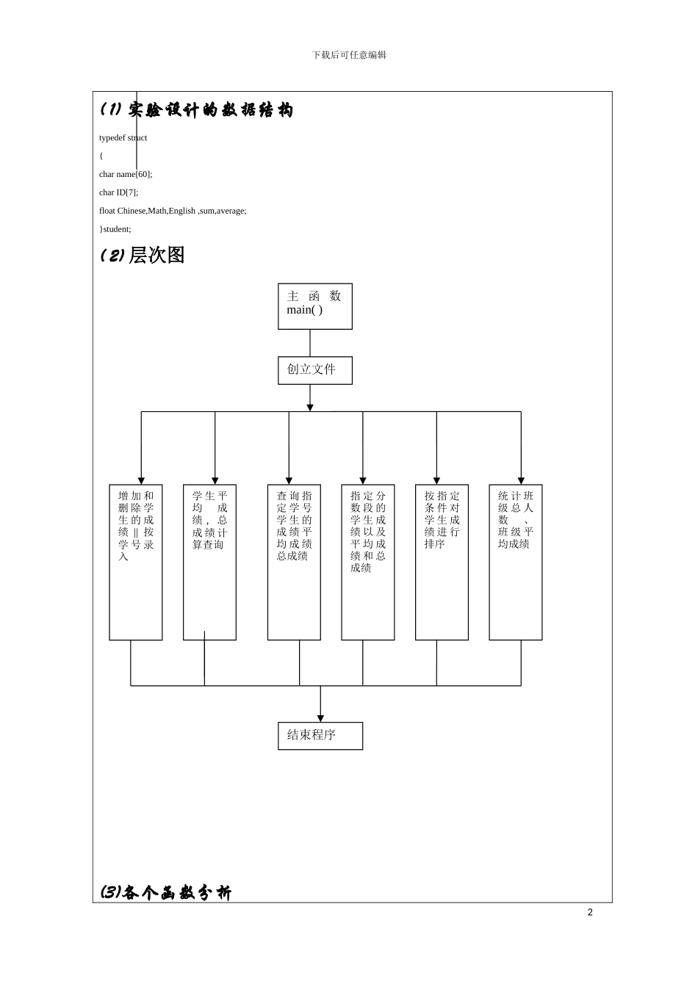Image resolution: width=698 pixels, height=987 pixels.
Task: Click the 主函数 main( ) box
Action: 314,306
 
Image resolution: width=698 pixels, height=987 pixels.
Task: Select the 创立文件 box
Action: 314,370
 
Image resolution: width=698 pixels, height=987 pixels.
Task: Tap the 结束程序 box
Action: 320,736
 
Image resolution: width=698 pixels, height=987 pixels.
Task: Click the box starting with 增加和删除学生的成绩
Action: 136,562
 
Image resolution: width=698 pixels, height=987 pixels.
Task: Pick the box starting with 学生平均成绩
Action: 209,562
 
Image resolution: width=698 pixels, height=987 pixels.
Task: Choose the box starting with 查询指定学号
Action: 294,562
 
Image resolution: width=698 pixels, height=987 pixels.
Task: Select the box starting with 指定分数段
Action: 367,562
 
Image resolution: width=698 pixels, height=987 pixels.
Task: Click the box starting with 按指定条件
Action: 442,562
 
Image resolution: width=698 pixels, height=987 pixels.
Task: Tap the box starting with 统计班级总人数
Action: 516,562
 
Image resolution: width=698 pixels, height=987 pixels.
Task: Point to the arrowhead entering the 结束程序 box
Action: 320,718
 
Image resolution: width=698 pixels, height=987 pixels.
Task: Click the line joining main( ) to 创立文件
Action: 310,343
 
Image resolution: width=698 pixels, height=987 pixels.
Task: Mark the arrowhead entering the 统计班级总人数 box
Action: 521,480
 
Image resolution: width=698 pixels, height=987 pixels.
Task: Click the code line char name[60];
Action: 126,174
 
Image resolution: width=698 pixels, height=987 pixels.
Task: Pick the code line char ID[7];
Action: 118,192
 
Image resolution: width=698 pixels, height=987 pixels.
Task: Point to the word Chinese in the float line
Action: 132,211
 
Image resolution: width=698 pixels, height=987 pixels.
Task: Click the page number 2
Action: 589,912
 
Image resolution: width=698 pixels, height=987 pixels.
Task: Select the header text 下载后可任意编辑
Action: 349,55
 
